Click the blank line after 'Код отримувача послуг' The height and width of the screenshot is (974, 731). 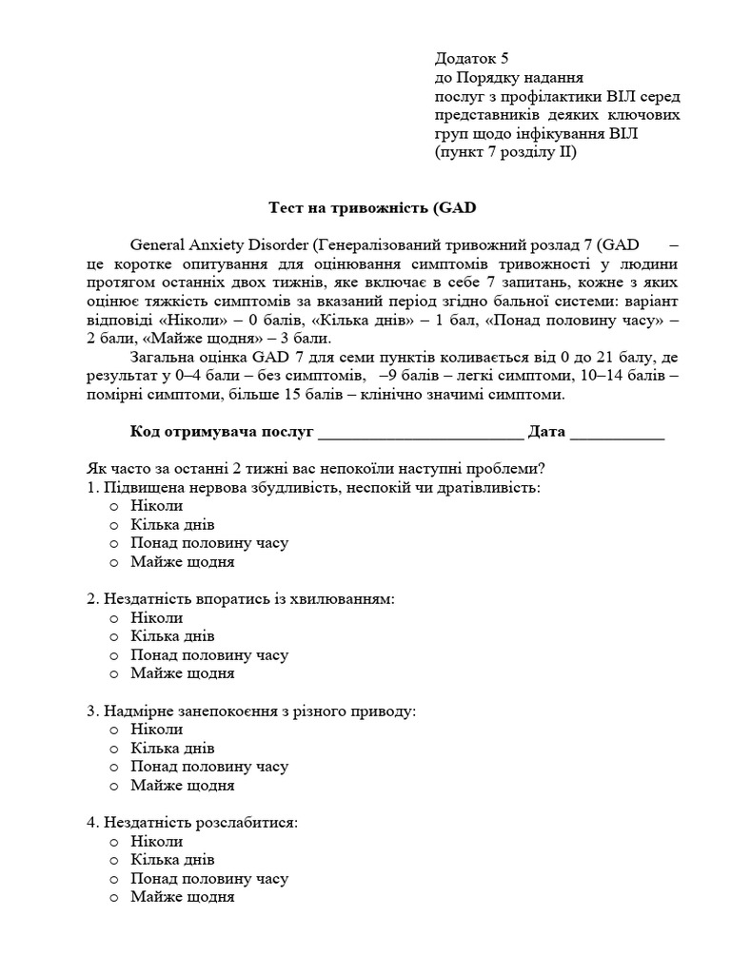(420, 433)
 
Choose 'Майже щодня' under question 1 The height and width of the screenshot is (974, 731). (182, 562)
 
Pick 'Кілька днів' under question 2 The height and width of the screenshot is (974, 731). (172, 636)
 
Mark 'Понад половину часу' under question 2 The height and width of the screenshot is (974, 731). (208, 655)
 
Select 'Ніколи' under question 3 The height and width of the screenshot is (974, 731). (157, 730)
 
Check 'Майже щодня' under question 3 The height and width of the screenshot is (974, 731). (182, 786)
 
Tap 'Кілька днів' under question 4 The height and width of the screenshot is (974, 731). (172, 860)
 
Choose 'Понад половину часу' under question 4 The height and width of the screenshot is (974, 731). (208, 879)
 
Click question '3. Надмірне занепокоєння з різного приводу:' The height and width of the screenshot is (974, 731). (251, 711)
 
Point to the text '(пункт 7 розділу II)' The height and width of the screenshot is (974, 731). (505, 151)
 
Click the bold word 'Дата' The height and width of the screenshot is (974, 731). (546, 432)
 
